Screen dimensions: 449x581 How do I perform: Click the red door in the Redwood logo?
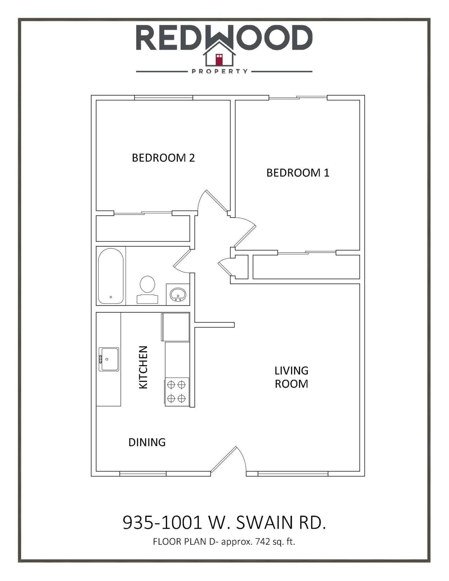click(219, 59)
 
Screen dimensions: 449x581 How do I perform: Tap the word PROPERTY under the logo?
click(220, 71)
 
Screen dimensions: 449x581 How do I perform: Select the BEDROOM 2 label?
click(163, 158)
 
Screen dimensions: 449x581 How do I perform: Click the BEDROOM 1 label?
click(298, 173)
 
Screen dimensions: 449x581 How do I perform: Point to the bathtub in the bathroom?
click(111, 276)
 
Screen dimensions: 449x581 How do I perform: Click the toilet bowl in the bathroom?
click(147, 284)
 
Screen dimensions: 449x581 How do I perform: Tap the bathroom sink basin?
click(178, 294)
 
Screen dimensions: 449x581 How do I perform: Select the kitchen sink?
click(109, 359)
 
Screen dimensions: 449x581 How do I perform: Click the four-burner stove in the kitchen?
click(177, 392)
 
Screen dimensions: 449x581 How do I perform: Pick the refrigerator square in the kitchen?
click(175, 327)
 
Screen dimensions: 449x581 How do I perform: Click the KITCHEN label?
click(143, 367)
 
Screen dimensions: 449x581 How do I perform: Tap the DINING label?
click(147, 442)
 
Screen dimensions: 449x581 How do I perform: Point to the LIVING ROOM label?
click(291, 377)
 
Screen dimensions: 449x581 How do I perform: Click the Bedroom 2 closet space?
click(143, 228)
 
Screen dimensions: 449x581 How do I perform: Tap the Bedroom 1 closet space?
click(306, 267)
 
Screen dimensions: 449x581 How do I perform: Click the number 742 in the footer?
click(263, 541)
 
